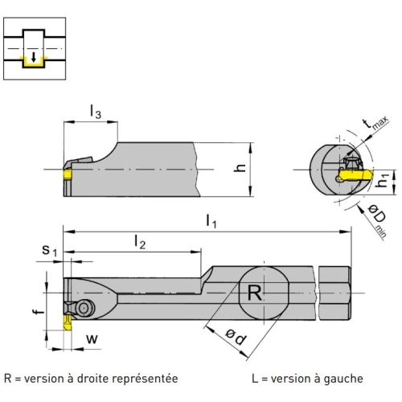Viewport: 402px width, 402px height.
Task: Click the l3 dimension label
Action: pyautogui.click(x=96, y=111)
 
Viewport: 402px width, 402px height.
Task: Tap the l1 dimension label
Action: pyautogui.click(x=211, y=221)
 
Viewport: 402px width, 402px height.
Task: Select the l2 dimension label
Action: pyautogui.click(x=140, y=242)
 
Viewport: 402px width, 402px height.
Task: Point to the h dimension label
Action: pyautogui.click(x=240, y=167)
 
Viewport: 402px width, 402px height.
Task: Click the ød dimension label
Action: pyautogui.click(x=236, y=337)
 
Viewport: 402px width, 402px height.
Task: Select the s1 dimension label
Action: pyautogui.click(x=50, y=250)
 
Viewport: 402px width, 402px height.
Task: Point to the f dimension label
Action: pyautogui.click(x=39, y=311)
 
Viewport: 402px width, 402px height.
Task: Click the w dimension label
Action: pyautogui.click(x=92, y=339)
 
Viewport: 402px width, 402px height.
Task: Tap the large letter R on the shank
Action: pyautogui.click(x=254, y=293)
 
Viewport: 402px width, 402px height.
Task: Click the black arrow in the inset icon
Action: pyautogui.click(x=34, y=57)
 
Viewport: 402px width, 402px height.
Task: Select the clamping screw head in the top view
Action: pyautogui.click(x=85, y=309)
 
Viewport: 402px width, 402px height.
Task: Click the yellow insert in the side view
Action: pyautogui.click(x=68, y=174)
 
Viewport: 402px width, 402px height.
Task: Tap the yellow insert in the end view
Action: pyautogui.click(x=355, y=174)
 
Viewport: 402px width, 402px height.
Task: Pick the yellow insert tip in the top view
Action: pyautogui.click(x=68, y=322)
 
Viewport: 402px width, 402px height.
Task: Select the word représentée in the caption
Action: pyautogui.click(x=145, y=379)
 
